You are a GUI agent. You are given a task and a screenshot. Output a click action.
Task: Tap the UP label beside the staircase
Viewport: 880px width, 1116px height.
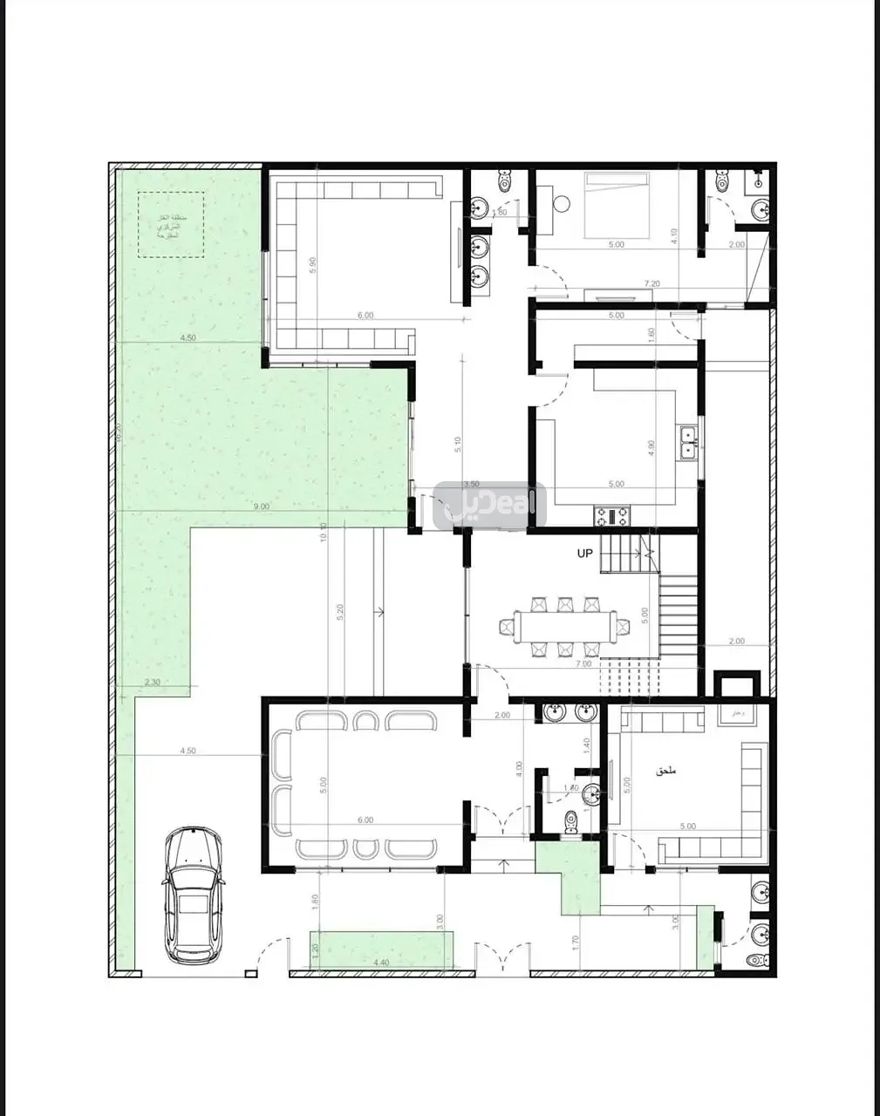584,554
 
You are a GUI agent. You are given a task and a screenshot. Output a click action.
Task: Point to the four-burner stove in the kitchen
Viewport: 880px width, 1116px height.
611,516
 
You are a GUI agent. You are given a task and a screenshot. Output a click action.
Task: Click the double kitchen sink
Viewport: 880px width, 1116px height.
688,442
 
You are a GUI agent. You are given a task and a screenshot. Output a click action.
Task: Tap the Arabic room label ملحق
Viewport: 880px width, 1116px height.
666,771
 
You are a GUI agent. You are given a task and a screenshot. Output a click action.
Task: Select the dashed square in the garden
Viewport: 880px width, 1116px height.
171,225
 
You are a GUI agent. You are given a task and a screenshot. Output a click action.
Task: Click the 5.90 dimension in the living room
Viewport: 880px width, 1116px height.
312,266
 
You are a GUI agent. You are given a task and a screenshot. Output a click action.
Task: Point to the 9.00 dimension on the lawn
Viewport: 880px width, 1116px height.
261,506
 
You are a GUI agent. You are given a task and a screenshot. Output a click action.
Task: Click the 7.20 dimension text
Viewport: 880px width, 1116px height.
651,284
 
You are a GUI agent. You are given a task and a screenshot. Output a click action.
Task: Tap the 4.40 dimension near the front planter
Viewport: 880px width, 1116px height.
381,963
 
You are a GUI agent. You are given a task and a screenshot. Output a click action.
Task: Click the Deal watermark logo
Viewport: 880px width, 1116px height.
489,506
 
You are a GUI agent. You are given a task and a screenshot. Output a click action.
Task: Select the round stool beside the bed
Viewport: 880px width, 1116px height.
561,203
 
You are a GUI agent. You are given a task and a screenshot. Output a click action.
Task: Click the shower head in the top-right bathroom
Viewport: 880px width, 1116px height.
759,182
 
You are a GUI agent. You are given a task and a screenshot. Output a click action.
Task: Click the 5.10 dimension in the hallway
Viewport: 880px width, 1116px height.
457,445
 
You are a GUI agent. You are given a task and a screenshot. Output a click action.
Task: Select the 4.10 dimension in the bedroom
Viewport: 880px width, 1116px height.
674,235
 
